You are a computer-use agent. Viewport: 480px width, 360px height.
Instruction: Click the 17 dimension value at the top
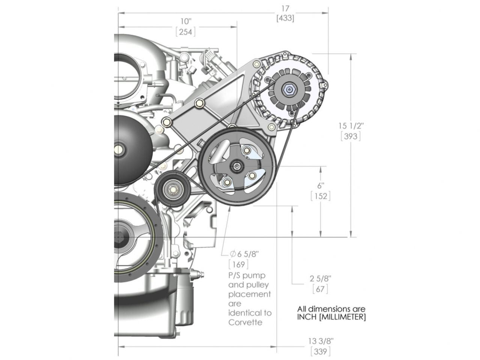click(285, 8)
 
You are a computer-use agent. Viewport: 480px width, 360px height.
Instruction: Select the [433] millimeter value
click(285, 18)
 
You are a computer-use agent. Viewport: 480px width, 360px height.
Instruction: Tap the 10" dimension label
click(185, 22)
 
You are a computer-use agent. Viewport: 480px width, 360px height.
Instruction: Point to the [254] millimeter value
click(185, 32)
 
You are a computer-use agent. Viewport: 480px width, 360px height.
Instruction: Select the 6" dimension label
click(320, 185)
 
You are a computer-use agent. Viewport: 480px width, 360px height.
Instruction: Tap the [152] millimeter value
click(320, 196)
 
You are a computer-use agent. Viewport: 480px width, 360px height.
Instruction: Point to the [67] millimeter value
click(320, 289)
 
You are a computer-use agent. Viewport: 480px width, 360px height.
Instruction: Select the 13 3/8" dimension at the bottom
click(321, 341)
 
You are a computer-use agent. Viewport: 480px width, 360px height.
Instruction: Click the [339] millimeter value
click(321, 351)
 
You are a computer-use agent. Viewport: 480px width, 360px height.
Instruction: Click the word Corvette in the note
click(245, 322)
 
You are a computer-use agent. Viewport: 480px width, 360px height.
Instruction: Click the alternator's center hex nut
click(288, 89)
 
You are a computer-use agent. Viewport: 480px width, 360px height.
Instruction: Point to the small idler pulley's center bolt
click(173, 189)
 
